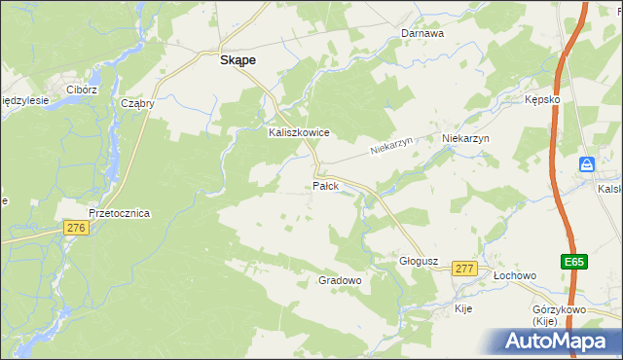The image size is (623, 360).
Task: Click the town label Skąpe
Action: (238, 59)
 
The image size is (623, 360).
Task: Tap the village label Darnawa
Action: (422, 33)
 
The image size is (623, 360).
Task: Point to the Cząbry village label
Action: (137, 103)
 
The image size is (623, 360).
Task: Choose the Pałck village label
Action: (325, 185)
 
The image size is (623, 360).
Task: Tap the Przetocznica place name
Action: (118, 214)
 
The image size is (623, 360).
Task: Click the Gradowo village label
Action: (341, 280)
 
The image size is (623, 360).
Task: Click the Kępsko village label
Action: (542, 100)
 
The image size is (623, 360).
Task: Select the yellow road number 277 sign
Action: (464, 269)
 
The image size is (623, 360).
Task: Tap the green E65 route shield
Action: (573, 261)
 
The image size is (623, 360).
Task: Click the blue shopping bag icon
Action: (587, 165)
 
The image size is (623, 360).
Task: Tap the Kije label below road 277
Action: (464, 308)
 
